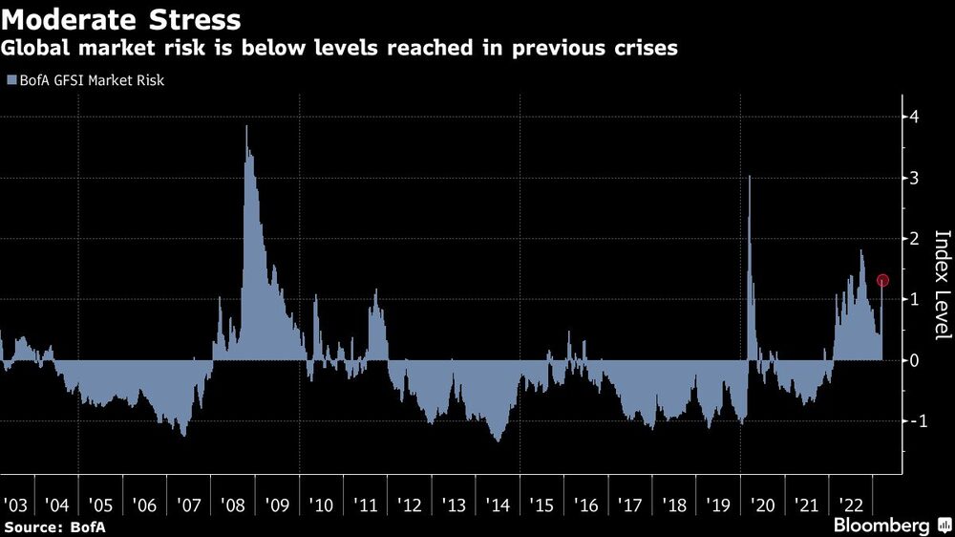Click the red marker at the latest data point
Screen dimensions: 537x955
coord(883,281)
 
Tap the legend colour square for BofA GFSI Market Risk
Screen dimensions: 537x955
coord(11,81)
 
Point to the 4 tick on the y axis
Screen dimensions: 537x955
coord(914,117)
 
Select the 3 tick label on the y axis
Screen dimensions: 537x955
coord(914,178)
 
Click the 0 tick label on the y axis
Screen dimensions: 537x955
coord(914,360)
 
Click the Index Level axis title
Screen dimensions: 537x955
coord(942,286)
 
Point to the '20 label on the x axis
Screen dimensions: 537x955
coord(761,503)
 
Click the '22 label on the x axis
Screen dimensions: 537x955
coord(849,503)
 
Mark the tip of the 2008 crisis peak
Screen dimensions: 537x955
coord(246,126)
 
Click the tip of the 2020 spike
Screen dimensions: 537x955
coord(750,176)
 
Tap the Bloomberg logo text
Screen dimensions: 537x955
coord(881,526)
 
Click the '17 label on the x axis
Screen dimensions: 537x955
coord(628,503)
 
